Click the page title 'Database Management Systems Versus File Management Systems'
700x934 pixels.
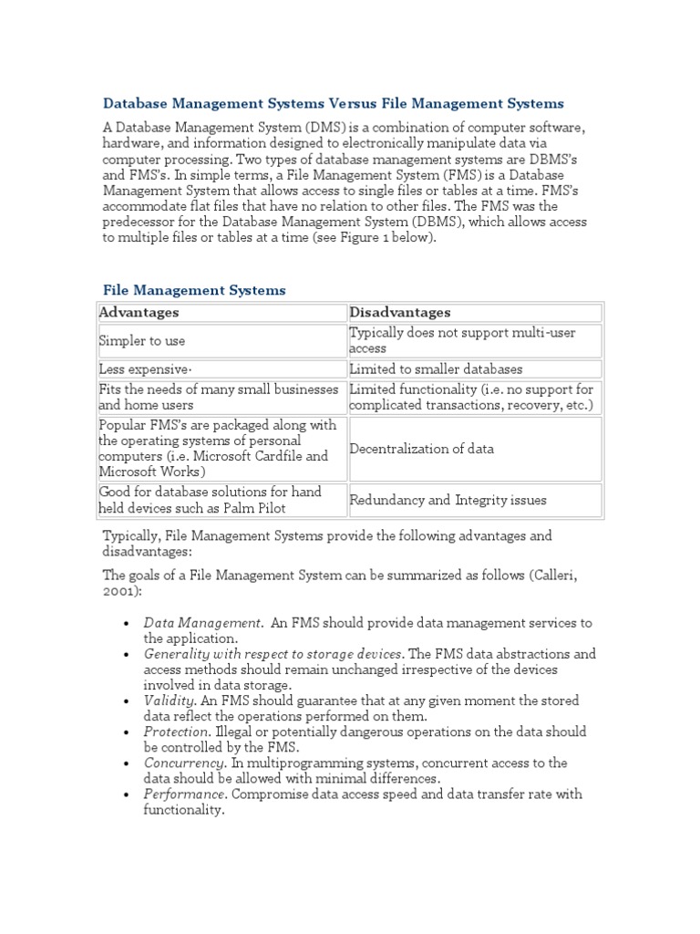coord(333,103)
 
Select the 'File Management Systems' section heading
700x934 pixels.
coord(194,290)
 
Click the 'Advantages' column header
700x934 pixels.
coord(139,313)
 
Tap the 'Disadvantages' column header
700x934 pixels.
coord(400,313)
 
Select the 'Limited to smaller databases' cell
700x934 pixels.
coord(437,369)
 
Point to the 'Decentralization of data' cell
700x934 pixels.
coord(422,449)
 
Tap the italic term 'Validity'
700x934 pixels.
coord(170,700)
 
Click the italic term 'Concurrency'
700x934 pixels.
coord(185,763)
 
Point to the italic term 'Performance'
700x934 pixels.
coord(185,794)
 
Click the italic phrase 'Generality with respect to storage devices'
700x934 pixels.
coord(273,654)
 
